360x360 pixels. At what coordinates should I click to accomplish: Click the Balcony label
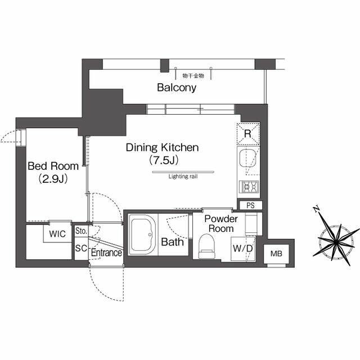tap(177, 88)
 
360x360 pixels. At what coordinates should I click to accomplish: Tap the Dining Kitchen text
tap(163, 147)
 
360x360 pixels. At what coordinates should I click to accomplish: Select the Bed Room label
tap(53, 166)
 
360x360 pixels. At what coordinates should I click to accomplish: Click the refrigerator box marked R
tap(248, 134)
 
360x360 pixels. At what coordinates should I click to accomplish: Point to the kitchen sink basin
tap(247, 159)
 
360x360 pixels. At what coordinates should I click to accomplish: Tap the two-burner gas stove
tap(249, 187)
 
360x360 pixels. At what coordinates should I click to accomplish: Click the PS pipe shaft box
tap(250, 205)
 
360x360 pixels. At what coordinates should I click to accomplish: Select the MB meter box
tap(276, 254)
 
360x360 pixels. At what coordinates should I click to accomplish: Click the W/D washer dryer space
tap(243, 249)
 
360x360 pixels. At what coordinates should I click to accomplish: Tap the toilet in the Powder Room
tap(207, 246)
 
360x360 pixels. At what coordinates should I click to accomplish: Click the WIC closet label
tap(57, 234)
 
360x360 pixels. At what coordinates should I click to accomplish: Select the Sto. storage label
tap(81, 231)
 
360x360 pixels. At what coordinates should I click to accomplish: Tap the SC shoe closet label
tap(81, 248)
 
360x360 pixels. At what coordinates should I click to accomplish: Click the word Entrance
tap(106, 253)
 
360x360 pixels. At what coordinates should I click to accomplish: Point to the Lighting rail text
tap(183, 177)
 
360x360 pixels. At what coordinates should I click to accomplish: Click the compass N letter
tap(316, 209)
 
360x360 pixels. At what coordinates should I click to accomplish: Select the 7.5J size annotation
tap(164, 160)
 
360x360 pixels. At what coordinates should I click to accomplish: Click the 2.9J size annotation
tap(53, 179)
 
